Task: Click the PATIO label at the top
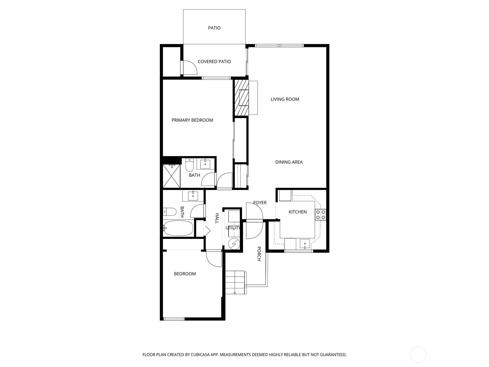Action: coord(214,28)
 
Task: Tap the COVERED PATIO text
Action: coord(214,61)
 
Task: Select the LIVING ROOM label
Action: coord(285,99)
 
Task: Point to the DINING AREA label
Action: coord(289,162)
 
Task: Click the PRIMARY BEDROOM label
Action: coord(192,120)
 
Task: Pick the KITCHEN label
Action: coord(297,212)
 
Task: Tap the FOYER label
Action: coord(260,202)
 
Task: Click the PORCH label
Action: coord(259,254)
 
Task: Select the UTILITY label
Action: coord(233,228)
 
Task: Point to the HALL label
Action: coord(217,218)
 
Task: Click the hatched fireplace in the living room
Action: coord(241,98)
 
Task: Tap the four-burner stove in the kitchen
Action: coord(321,215)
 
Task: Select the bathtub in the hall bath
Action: coord(178,228)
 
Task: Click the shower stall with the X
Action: coord(171,176)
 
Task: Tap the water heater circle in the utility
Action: coord(234,244)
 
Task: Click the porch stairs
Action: coord(236,283)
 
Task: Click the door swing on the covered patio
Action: coord(190,68)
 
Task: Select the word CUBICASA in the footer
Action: coord(200,354)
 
